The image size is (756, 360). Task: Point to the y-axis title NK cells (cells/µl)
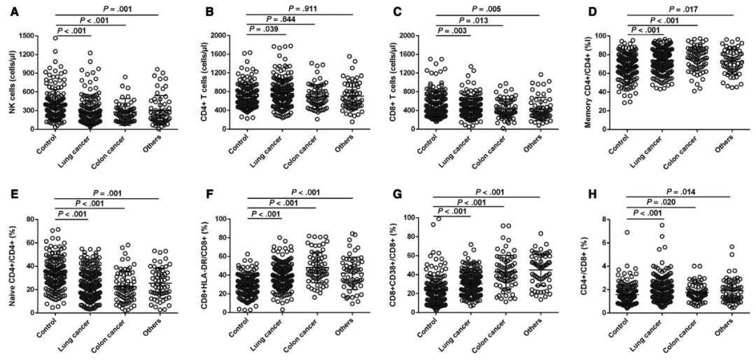tap(14, 82)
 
